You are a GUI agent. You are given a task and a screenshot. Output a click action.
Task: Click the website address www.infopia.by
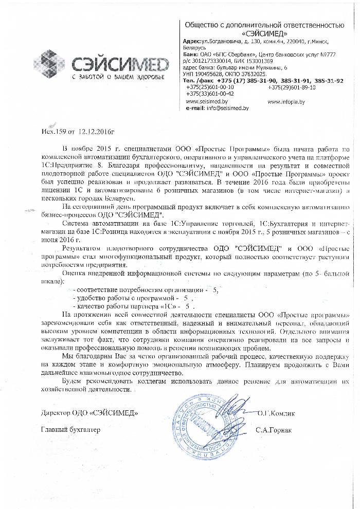286,102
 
